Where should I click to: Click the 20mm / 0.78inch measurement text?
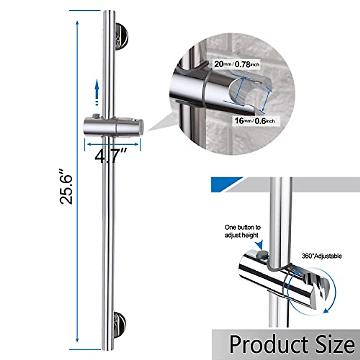[236, 64]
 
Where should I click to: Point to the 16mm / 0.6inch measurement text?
[254, 121]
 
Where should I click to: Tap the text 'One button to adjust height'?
[242, 231]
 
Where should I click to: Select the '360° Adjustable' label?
[322, 256]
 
